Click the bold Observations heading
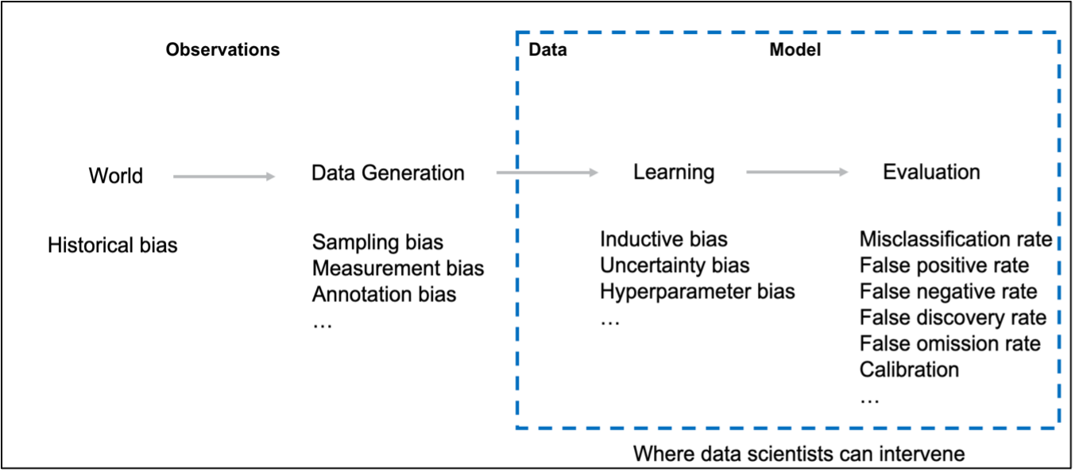(x=222, y=49)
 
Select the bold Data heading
(x=547, y=49)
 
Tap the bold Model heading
(x=795, y=49)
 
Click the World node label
(x=116, y=176)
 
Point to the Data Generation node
(x=388, y=173)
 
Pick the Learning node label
(x=674, y=173)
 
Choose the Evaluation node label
(x=931, y=172)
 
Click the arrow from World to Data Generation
(x=224, y=176)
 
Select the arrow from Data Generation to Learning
(x=547, y=173)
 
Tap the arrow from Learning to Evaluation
(x=797, y=172)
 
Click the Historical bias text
(x=112, y=246)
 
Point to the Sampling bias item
(x=377, y=242)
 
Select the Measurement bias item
(x=398, y=268)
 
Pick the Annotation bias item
(x=384, y=294)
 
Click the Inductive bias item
(x=663, y=239)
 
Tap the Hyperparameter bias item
(x=698, y=292)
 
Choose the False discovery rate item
(x=953, y=317)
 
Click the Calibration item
(x=909, y=370)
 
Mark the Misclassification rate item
(x=956, y=239)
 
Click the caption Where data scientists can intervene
(x=799, y=454)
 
